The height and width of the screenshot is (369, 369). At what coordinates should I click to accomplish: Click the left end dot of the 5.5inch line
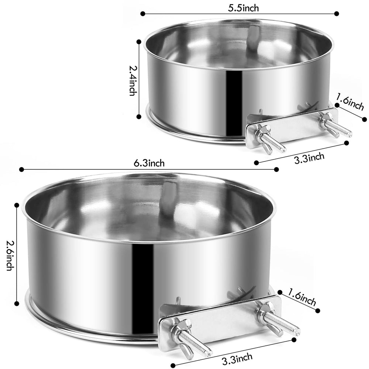[x=142, y=14]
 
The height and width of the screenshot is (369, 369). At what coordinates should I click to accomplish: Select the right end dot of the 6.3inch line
[x=277, y=169]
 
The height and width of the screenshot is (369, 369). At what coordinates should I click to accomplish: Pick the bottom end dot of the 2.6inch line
[x=17, y=303]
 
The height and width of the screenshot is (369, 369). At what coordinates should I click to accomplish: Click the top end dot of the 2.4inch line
[x=139, y=42]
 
